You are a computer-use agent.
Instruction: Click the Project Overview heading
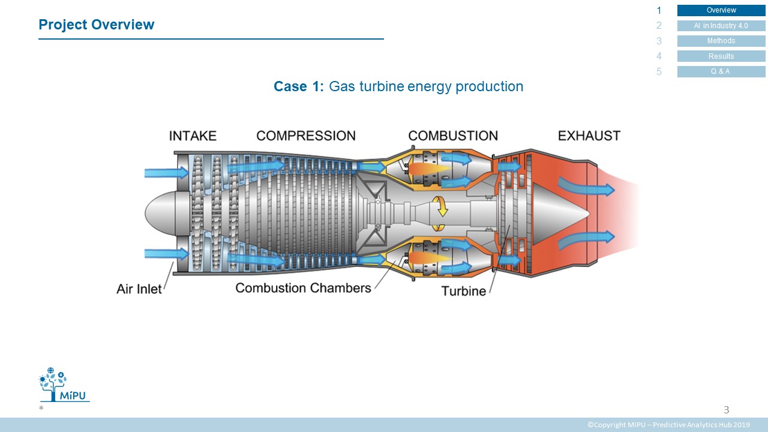click(x=97, y=25)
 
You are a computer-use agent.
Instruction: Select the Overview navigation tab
click(x=721, y=10)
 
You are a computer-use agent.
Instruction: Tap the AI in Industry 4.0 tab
click(x=721, y=26)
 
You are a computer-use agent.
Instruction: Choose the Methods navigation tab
click(x=721, y=41)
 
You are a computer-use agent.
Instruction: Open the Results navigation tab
click(x=721, y=56)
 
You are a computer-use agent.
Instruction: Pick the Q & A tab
click(x=721, y=71)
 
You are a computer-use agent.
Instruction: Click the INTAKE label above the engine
click(x=193, y=136)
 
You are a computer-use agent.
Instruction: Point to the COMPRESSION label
click(x=306, y=136)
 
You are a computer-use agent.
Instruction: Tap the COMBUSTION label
click(x=453, y=136)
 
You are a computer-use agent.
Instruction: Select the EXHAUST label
click(x=589, y=136)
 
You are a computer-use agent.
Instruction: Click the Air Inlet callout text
click(x=139, y=289)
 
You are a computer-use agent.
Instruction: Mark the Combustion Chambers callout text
click(x=303, y=288)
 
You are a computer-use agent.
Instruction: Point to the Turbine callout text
click(x=464, y=291)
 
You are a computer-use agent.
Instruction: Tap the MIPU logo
click(x=64, y=385)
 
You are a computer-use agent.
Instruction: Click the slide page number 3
click(x=726, y=410)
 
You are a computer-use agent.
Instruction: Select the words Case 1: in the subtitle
click(x=299, y=86)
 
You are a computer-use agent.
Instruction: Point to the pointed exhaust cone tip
click(x=589, y=214)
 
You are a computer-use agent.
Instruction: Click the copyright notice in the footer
click(x=668, y=425)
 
